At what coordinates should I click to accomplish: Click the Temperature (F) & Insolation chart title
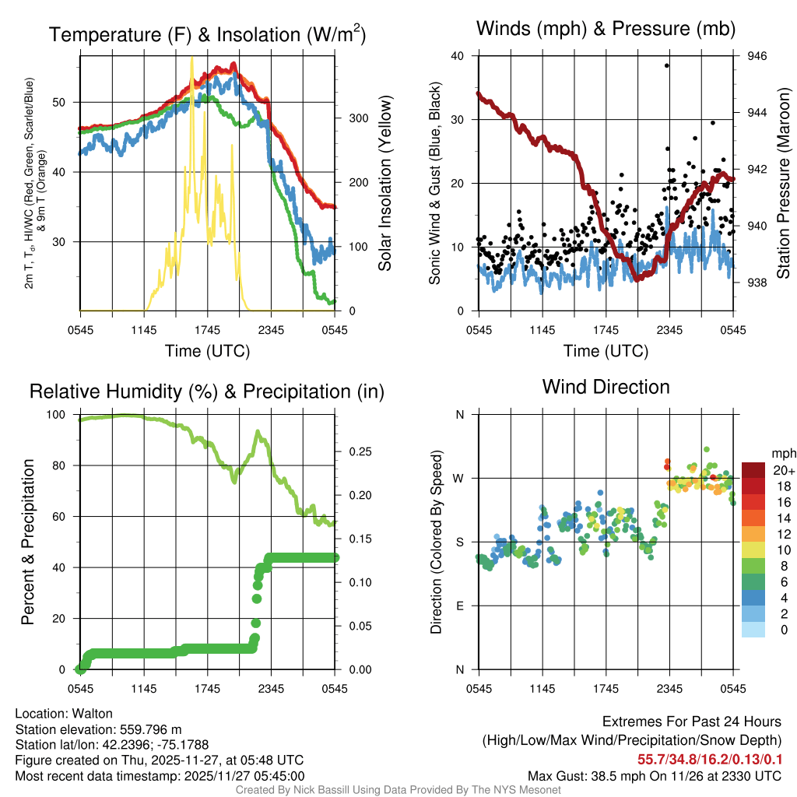point(207,34)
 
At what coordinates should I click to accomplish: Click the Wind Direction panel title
point(606,386)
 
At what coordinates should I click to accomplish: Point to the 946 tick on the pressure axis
point(757,56)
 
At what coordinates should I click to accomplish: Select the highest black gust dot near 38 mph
point(667,65)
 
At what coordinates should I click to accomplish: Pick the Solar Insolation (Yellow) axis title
point(384,184)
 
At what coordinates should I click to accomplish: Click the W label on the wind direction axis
point(459,478)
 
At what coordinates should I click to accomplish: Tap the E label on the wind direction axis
point(460,606)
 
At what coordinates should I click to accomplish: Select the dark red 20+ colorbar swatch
point(754,470)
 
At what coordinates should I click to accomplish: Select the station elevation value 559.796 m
point(150,729)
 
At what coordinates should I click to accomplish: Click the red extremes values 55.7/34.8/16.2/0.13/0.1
point(710,758)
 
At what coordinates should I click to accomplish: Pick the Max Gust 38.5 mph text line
point(654,775)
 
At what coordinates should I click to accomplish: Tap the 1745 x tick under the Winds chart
point(606,330)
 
